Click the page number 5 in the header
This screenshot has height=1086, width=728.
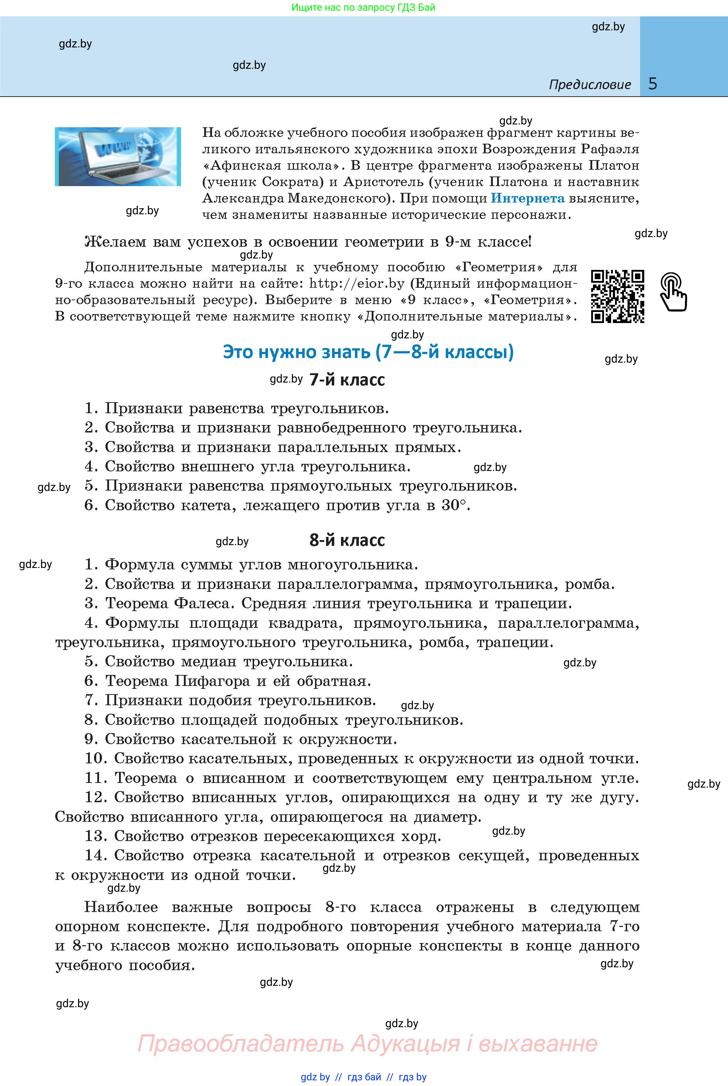pyautogui.click(x=653, y=84)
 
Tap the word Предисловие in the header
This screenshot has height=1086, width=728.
pyautogui.click(x=590, y=84)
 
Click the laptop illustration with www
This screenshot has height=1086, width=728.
pyautogui.click(x=118, y=157)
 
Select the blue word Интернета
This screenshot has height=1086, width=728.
pyautogui.click(x=527, y=198)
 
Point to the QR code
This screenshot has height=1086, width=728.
pyautogui.click(x=617, y=296)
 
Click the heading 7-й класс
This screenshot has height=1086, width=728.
pyautogui.click(x=347, y=380)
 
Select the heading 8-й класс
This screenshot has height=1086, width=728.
pyautogui.click(x=347, y=540)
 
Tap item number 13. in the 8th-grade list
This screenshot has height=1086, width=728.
pyautogui.click(x=96, y=836)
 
